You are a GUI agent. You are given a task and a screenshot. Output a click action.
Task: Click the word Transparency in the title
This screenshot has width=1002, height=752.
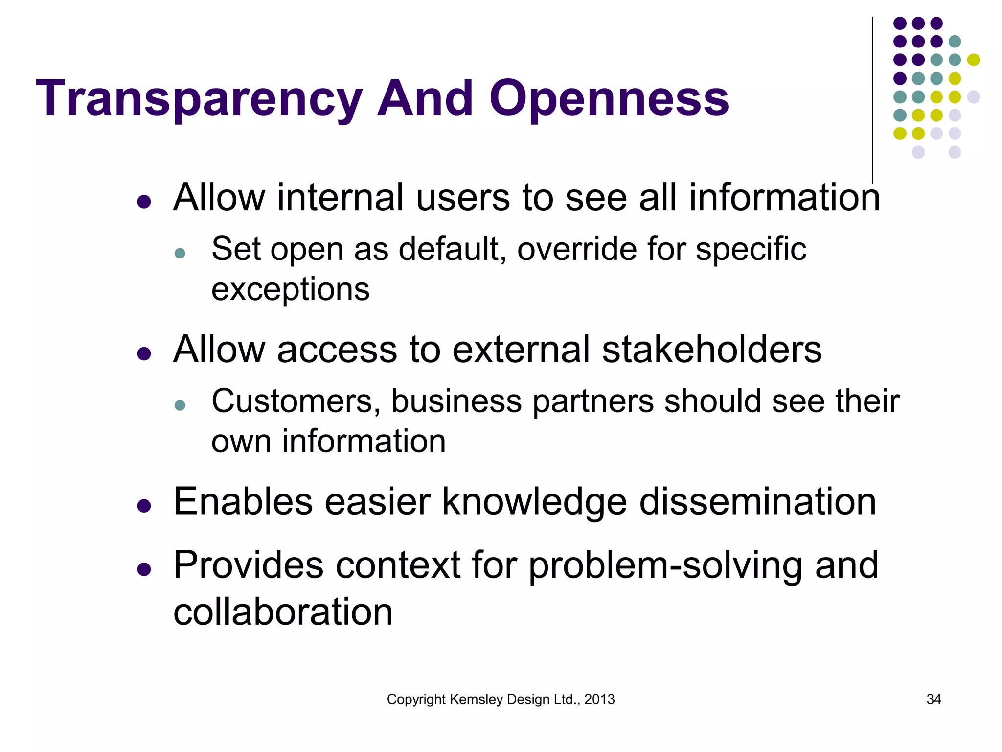[199, 99]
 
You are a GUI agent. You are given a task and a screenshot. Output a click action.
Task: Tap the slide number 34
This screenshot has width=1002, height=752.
[934, 699]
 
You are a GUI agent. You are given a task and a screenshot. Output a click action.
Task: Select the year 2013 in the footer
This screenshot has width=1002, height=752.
[599, 699]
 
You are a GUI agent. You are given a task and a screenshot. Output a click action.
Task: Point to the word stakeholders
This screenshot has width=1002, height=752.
[711, 350]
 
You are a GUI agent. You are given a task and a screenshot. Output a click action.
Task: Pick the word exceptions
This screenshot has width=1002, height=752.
[290, 289]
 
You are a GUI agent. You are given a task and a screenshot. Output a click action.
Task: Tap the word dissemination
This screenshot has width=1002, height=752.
[757, 502]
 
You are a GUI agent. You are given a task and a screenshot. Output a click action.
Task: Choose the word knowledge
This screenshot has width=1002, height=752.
[534, 502]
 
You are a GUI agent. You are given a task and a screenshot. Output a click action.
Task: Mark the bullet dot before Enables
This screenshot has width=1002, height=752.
[144, 506]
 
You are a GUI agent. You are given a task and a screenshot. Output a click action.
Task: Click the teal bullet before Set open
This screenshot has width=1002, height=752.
[180, 253]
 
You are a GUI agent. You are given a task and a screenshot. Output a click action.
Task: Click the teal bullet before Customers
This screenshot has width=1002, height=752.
[180, 405]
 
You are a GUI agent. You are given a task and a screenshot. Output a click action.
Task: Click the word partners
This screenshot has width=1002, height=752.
[592, 401]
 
